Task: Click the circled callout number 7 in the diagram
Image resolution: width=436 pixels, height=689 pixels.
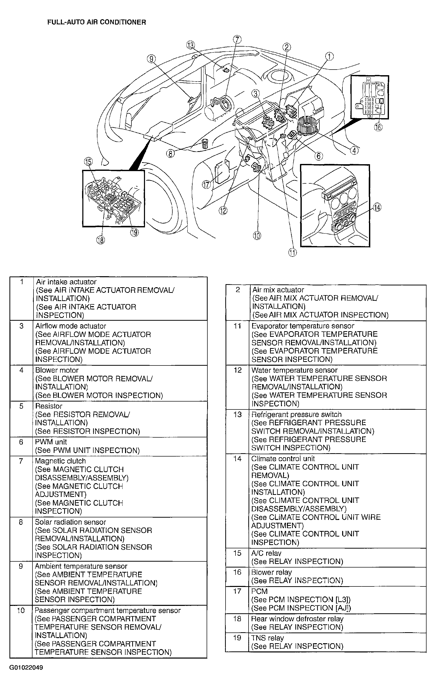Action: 237,39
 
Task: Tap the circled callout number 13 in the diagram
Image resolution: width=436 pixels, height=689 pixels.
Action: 191,45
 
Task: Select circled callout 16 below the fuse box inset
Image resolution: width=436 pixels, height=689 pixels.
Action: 378,127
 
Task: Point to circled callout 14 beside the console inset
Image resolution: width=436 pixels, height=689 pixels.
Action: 377,207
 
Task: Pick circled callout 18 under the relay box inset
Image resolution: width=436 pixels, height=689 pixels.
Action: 100,240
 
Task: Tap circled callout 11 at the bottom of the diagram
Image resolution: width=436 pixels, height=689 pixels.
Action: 292,252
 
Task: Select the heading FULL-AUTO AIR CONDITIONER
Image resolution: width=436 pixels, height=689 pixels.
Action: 96,22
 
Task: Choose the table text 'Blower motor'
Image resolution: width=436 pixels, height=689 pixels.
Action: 57,370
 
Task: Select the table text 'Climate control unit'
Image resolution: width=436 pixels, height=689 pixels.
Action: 283,459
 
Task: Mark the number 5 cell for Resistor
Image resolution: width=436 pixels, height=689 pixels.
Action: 21,406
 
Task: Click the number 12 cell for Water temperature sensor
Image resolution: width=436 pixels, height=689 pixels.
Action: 238,370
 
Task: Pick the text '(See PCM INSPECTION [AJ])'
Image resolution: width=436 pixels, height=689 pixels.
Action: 301,608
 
